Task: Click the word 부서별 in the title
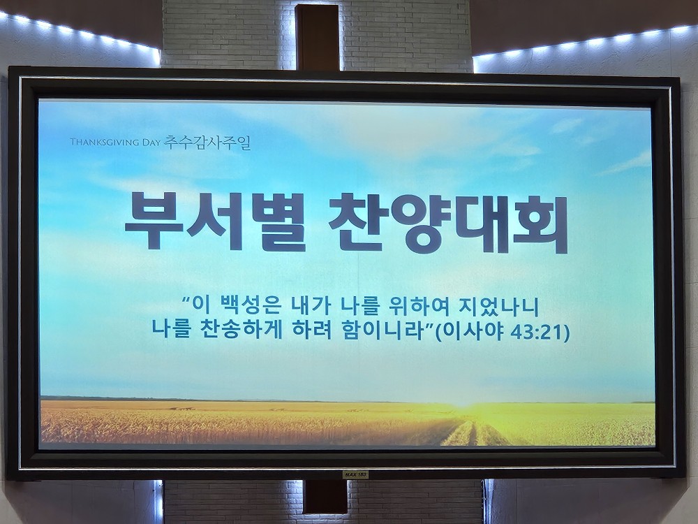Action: coord(214,221)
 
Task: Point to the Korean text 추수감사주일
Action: coord(207,142)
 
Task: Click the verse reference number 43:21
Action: coord(536,332)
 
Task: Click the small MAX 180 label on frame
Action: coord(356,475)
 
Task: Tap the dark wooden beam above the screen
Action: coord(318,38)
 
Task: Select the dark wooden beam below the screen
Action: coord(325,496)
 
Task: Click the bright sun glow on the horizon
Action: coord(463,402)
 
